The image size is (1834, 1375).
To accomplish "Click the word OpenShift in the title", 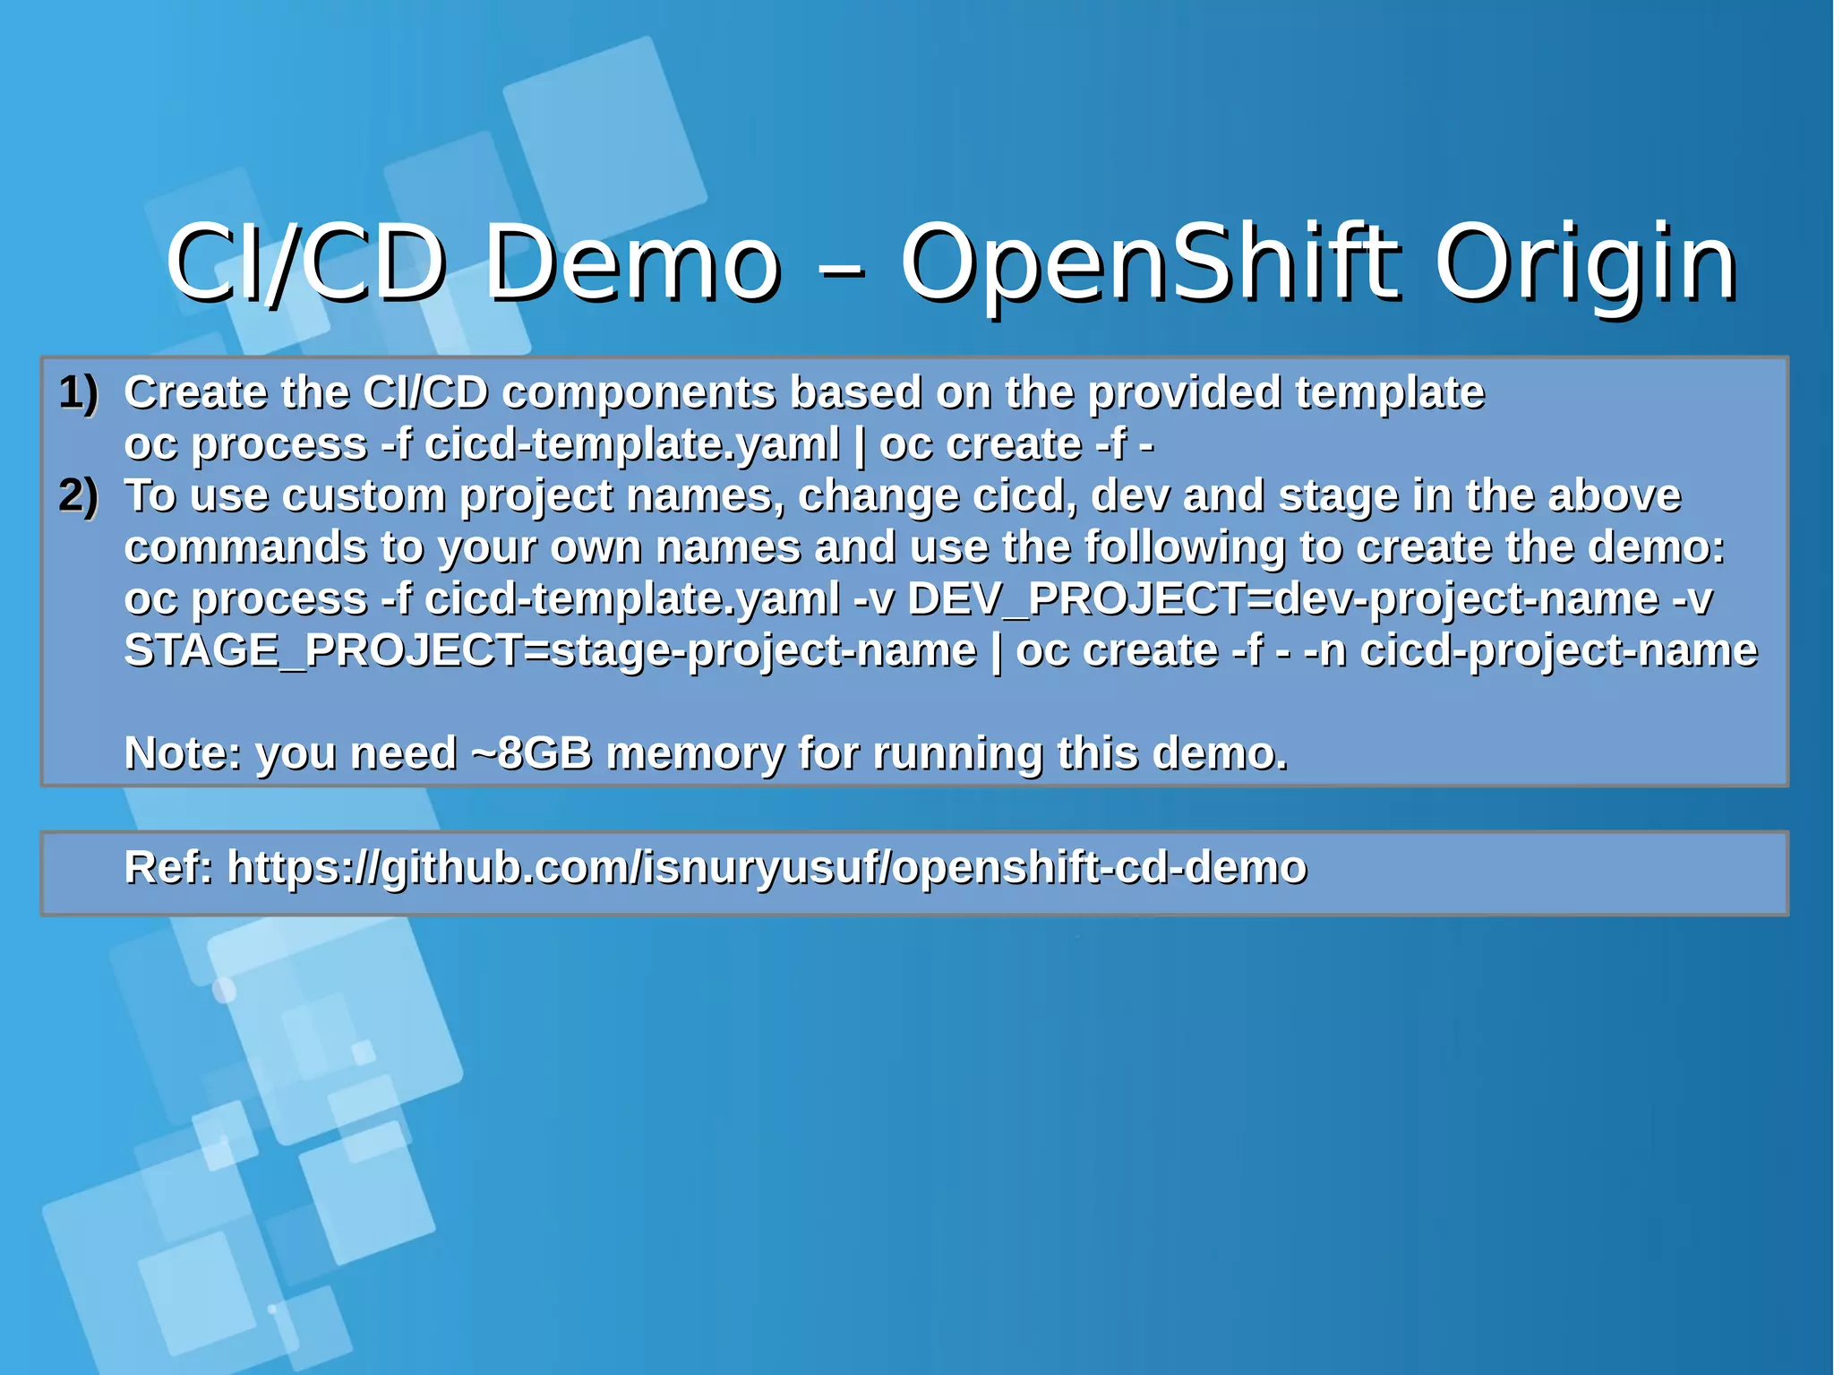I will pos(1148,262).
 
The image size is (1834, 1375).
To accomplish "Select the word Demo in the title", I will pos(631,262).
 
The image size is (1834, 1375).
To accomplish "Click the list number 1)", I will pos(79,392).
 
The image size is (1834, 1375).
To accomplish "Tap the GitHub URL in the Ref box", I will pos(767,867).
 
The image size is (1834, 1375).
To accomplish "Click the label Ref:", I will pos(168,866).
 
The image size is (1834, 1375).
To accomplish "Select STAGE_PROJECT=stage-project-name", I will pos(550,650).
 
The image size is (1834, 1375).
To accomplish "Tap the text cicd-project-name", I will pos(1558,650).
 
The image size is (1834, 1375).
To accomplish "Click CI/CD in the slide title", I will pos(305,262).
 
